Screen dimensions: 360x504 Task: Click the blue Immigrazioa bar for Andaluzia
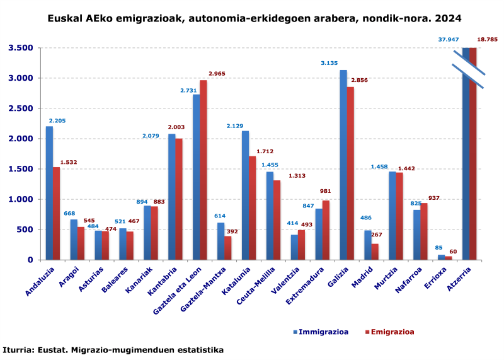pos(49,193)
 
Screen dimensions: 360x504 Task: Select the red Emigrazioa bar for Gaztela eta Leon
pos(203,170)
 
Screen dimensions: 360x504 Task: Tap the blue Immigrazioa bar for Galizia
pos(343,165)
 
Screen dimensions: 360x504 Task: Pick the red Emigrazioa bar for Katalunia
pos(252,208)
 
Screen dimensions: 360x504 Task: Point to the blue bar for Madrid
pos(368,245)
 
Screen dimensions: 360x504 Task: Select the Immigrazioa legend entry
pos(321,332)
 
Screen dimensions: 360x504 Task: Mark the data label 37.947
pos(449,40)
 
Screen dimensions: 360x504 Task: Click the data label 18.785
pos(487,40)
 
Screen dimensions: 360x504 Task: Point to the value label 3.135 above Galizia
pos(329,63)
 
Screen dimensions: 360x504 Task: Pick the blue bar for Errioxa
pos(442,257)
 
